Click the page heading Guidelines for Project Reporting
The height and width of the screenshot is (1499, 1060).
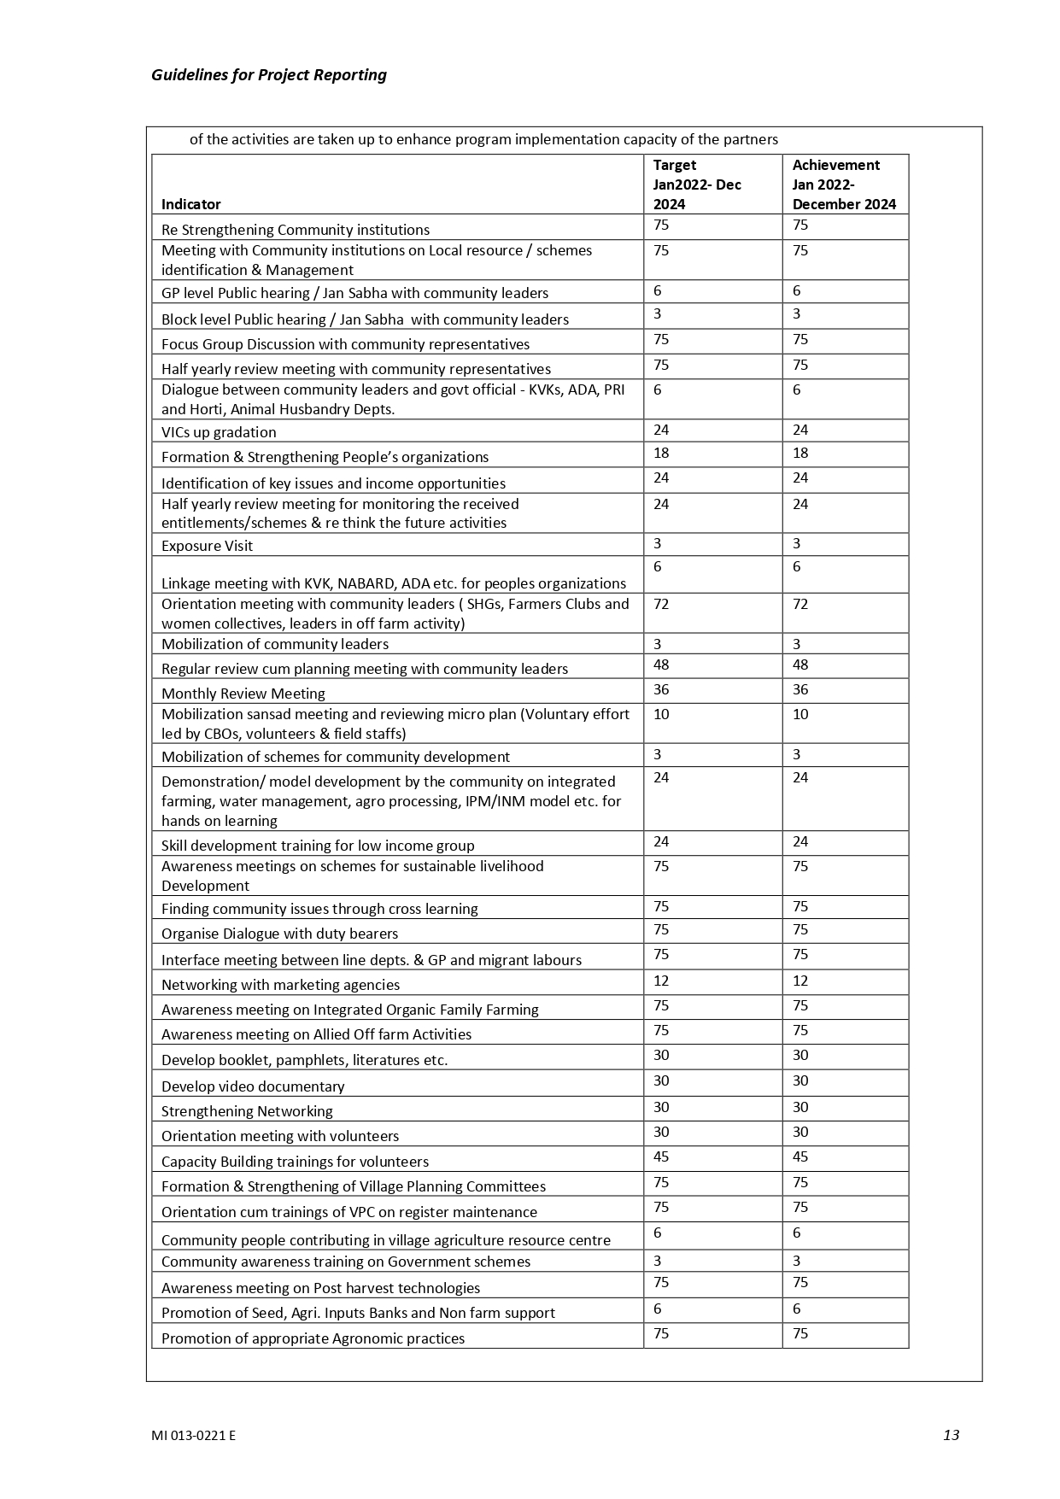point(268,75)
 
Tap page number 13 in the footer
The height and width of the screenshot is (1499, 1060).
point(951,1434)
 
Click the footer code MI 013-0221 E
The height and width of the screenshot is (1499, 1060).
point(193,1435)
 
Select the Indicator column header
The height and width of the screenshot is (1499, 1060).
point(190,204)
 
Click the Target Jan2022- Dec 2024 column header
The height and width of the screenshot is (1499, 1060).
point(696,184)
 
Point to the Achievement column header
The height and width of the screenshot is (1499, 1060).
point(843,184)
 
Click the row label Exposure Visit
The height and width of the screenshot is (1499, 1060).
point(207,546)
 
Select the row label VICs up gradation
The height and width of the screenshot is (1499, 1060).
point(219,432)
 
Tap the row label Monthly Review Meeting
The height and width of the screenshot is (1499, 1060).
point(243,694)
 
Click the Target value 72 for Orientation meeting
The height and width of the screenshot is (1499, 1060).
point(660,605)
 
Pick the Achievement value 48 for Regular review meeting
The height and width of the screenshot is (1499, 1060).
point(799,665)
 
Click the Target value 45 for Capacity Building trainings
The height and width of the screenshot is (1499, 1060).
point(660,1157)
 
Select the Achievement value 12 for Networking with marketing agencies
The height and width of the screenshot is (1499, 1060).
point(799,981)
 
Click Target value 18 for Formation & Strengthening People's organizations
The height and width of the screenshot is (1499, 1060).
point(660,454)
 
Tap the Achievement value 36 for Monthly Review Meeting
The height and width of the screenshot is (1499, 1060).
point(799,690)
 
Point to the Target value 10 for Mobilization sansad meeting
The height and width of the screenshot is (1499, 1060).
point(660,715)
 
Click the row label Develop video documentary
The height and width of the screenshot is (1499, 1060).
point(253,1086)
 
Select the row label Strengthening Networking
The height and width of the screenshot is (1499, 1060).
point(247,1111)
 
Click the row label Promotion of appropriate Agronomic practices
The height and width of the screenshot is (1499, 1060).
point(313,1338)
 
